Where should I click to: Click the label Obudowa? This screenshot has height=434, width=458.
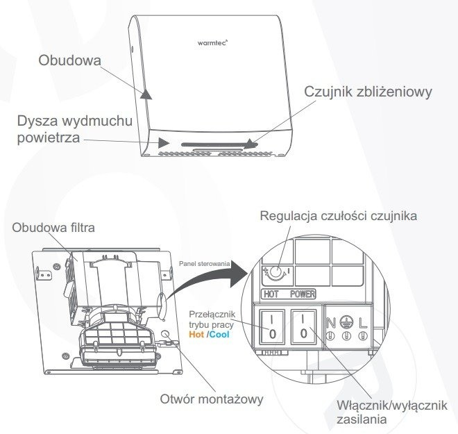point(70,61)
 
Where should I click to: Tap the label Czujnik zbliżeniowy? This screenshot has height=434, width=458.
point(368,92)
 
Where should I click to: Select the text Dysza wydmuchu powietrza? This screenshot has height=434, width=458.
point(75,130)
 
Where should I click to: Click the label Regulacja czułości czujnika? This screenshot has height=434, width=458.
point(338,216)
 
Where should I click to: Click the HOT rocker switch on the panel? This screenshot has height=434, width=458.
point(271,325)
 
